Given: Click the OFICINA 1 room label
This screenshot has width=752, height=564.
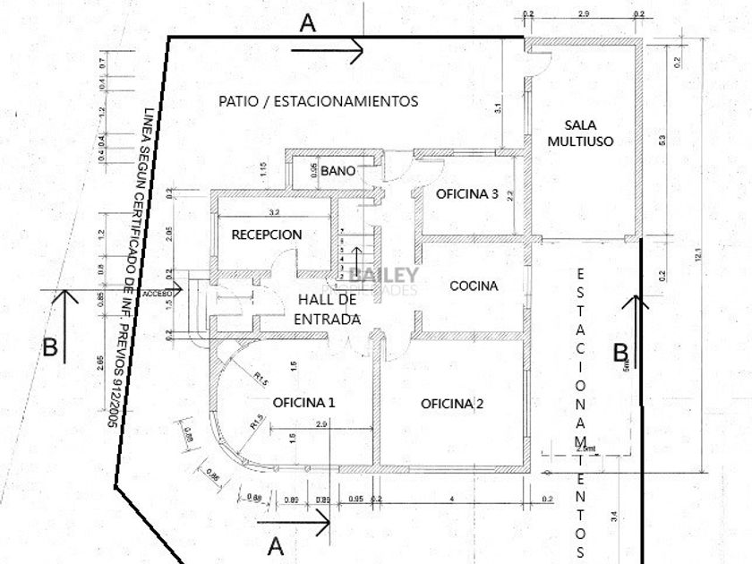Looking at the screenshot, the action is [x=303, y=402].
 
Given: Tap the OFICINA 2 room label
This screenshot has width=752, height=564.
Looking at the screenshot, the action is [x=452, y=404].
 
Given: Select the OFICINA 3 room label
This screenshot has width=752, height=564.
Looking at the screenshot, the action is [x=466, y=193].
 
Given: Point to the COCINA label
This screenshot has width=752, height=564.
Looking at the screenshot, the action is [x=474, y=286].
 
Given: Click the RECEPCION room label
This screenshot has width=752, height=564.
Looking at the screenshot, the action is [x=267, y=235].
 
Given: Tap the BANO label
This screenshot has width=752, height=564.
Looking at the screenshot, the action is [x=338, y=169].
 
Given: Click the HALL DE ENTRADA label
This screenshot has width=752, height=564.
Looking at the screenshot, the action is [x=328, y=309].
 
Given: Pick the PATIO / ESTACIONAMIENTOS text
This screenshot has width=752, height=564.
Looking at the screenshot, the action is [x=318, y=101].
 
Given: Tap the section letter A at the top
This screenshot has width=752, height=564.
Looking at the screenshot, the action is [x=308, y=24].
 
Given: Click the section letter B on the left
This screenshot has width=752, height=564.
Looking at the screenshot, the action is [x=50, y=347].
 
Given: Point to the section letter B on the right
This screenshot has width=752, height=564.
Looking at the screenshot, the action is [x=620, y=352].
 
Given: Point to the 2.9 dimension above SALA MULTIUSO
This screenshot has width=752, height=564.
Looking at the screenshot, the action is [x=583, y=14].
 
